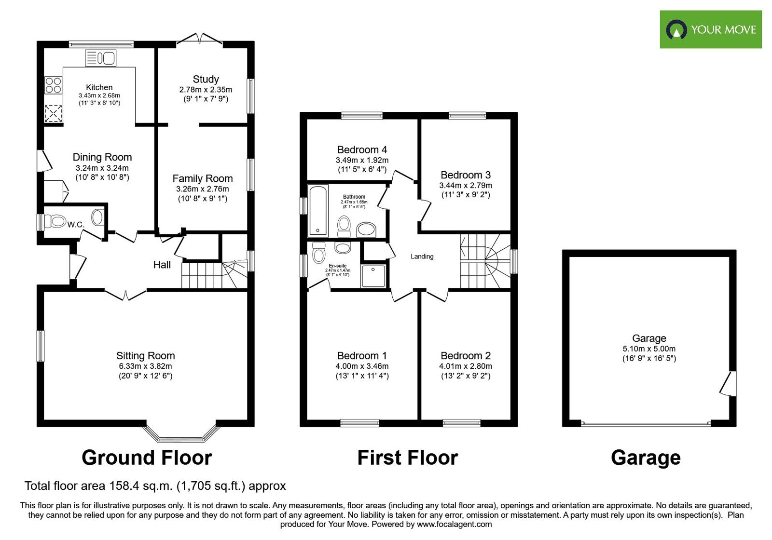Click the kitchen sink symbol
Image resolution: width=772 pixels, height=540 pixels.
point(101,58)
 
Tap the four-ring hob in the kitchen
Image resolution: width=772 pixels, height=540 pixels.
point(53,85)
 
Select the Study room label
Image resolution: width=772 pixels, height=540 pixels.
point(206,79)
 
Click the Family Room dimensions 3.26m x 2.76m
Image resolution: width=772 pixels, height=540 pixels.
point(202,189)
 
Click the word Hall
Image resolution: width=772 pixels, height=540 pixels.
point(162,265)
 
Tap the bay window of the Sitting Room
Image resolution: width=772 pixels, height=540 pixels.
point(181,434)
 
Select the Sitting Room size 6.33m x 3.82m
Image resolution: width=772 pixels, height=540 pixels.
point(145,366)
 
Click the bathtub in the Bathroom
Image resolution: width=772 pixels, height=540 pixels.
point(318,210)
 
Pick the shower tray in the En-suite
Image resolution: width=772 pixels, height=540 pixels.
point(373,276)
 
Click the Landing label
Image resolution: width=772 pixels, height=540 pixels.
point(422,256)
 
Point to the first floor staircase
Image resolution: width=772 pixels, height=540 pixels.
point(484,261)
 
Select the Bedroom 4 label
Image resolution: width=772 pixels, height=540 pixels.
point(362,150)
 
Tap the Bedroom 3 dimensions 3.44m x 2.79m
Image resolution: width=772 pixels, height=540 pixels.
point(466,185)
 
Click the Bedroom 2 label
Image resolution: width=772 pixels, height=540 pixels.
point(466,356)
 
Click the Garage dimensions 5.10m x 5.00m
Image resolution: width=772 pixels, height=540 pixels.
point(649,349)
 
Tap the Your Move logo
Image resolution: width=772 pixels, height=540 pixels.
point(710,29)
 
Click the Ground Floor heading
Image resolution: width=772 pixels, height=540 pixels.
point(147,458)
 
